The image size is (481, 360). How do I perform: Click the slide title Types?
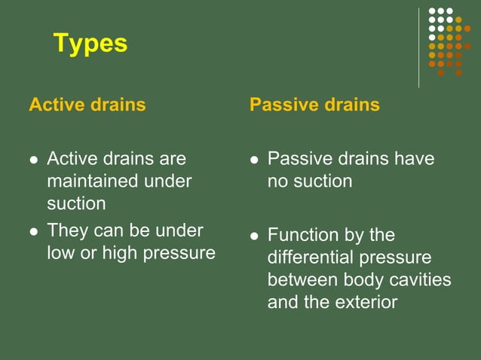(90, 44)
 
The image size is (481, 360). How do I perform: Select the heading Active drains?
(87, 105)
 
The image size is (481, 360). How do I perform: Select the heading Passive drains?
(314, 105)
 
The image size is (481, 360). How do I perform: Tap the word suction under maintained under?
(76, 204)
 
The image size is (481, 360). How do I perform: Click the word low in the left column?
(60, 253)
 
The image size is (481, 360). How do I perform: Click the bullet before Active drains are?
(32, 160)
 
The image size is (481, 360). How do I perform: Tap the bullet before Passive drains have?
(254, 160)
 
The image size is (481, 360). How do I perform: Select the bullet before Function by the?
(254, 236)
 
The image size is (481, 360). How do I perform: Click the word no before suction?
(277, 182)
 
